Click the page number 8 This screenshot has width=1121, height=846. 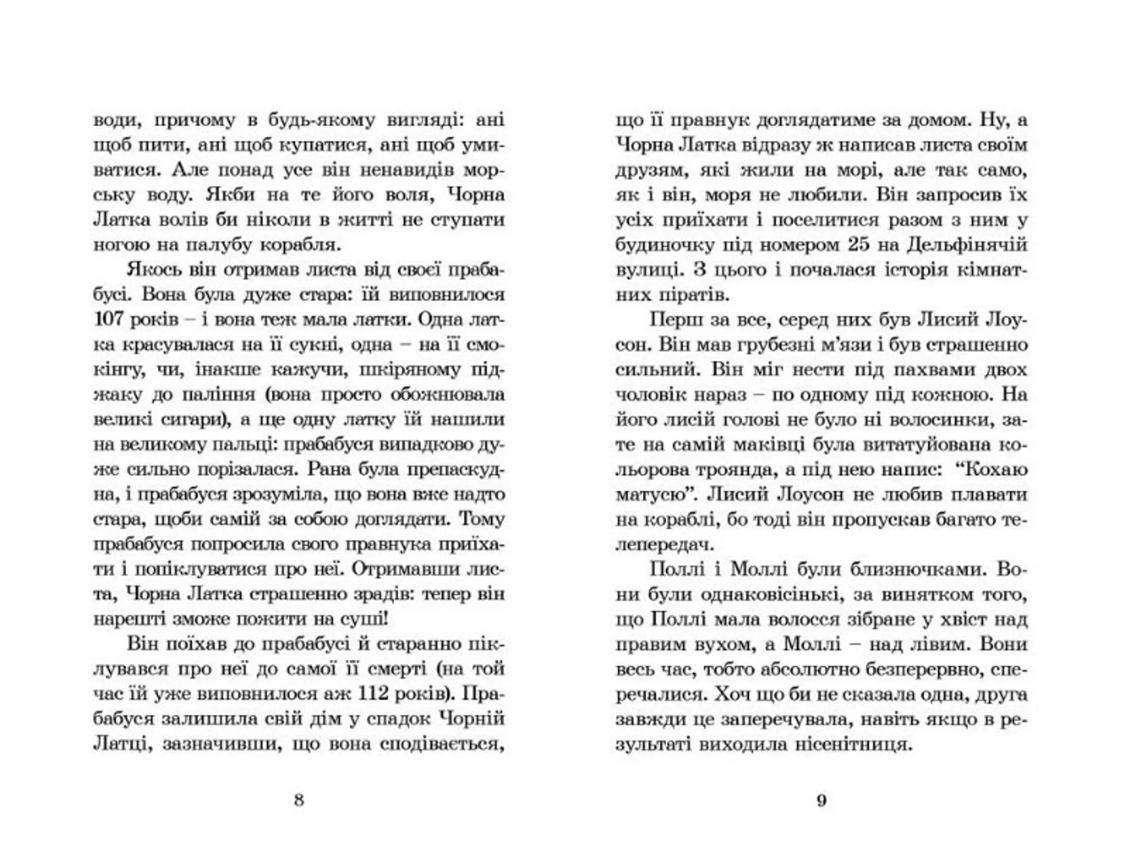[299, 799]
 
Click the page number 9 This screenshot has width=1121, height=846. [821, 799]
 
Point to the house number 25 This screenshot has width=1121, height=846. [858, 245]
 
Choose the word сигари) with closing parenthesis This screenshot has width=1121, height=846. [193, 420]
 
